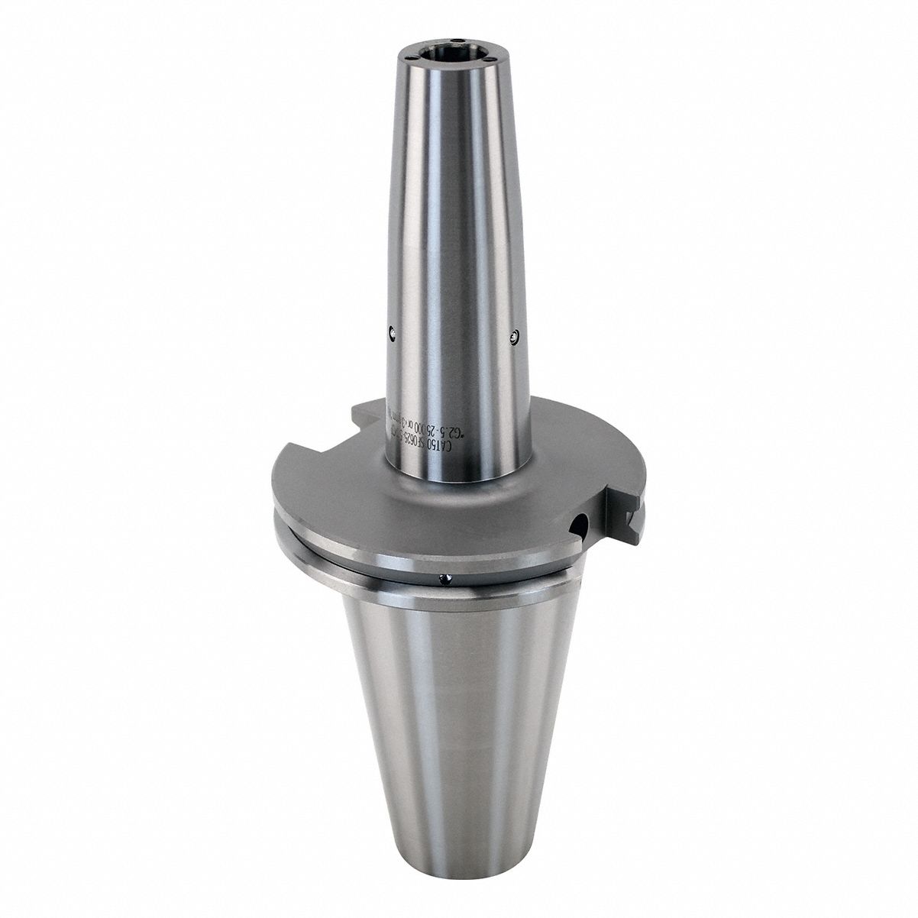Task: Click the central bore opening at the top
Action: point(435,53)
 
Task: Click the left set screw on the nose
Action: point(392,331)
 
